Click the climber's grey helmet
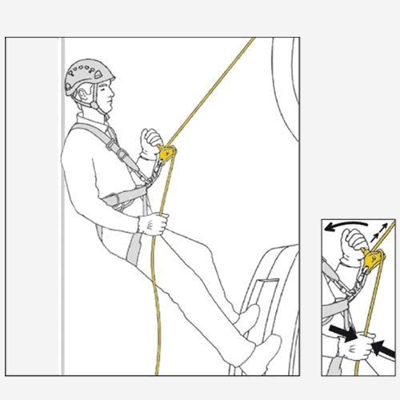coord(88,75)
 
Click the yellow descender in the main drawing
coord(166,151)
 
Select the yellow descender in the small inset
coord(374,258)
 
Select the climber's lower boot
coord(260,352)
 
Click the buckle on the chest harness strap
coord(120,152)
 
